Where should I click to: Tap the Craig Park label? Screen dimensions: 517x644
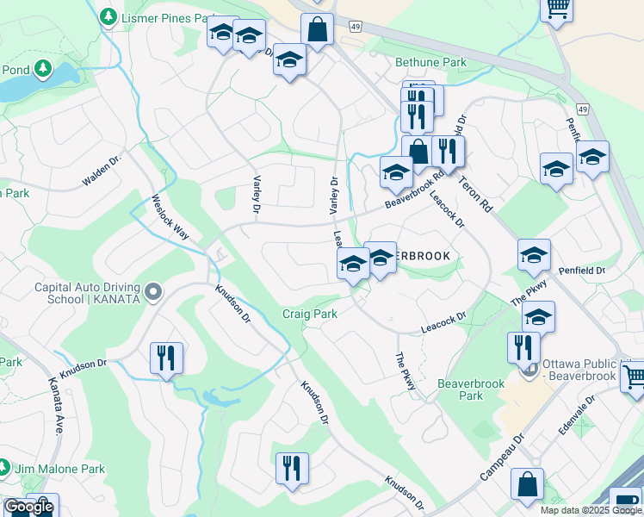pos(310,314)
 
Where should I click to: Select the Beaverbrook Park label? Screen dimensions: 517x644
pos(472,389)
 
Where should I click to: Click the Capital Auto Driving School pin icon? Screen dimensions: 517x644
pos(154,293)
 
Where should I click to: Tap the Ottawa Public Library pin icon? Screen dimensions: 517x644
pos(529,369)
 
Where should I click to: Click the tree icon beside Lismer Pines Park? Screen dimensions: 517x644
pos(108,16)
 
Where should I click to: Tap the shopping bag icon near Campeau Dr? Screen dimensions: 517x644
pos(527,484)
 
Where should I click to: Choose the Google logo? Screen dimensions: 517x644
pos(28,507)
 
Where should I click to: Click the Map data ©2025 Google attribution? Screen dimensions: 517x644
pos(591,510)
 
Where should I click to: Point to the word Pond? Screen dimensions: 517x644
pos(17,70)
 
